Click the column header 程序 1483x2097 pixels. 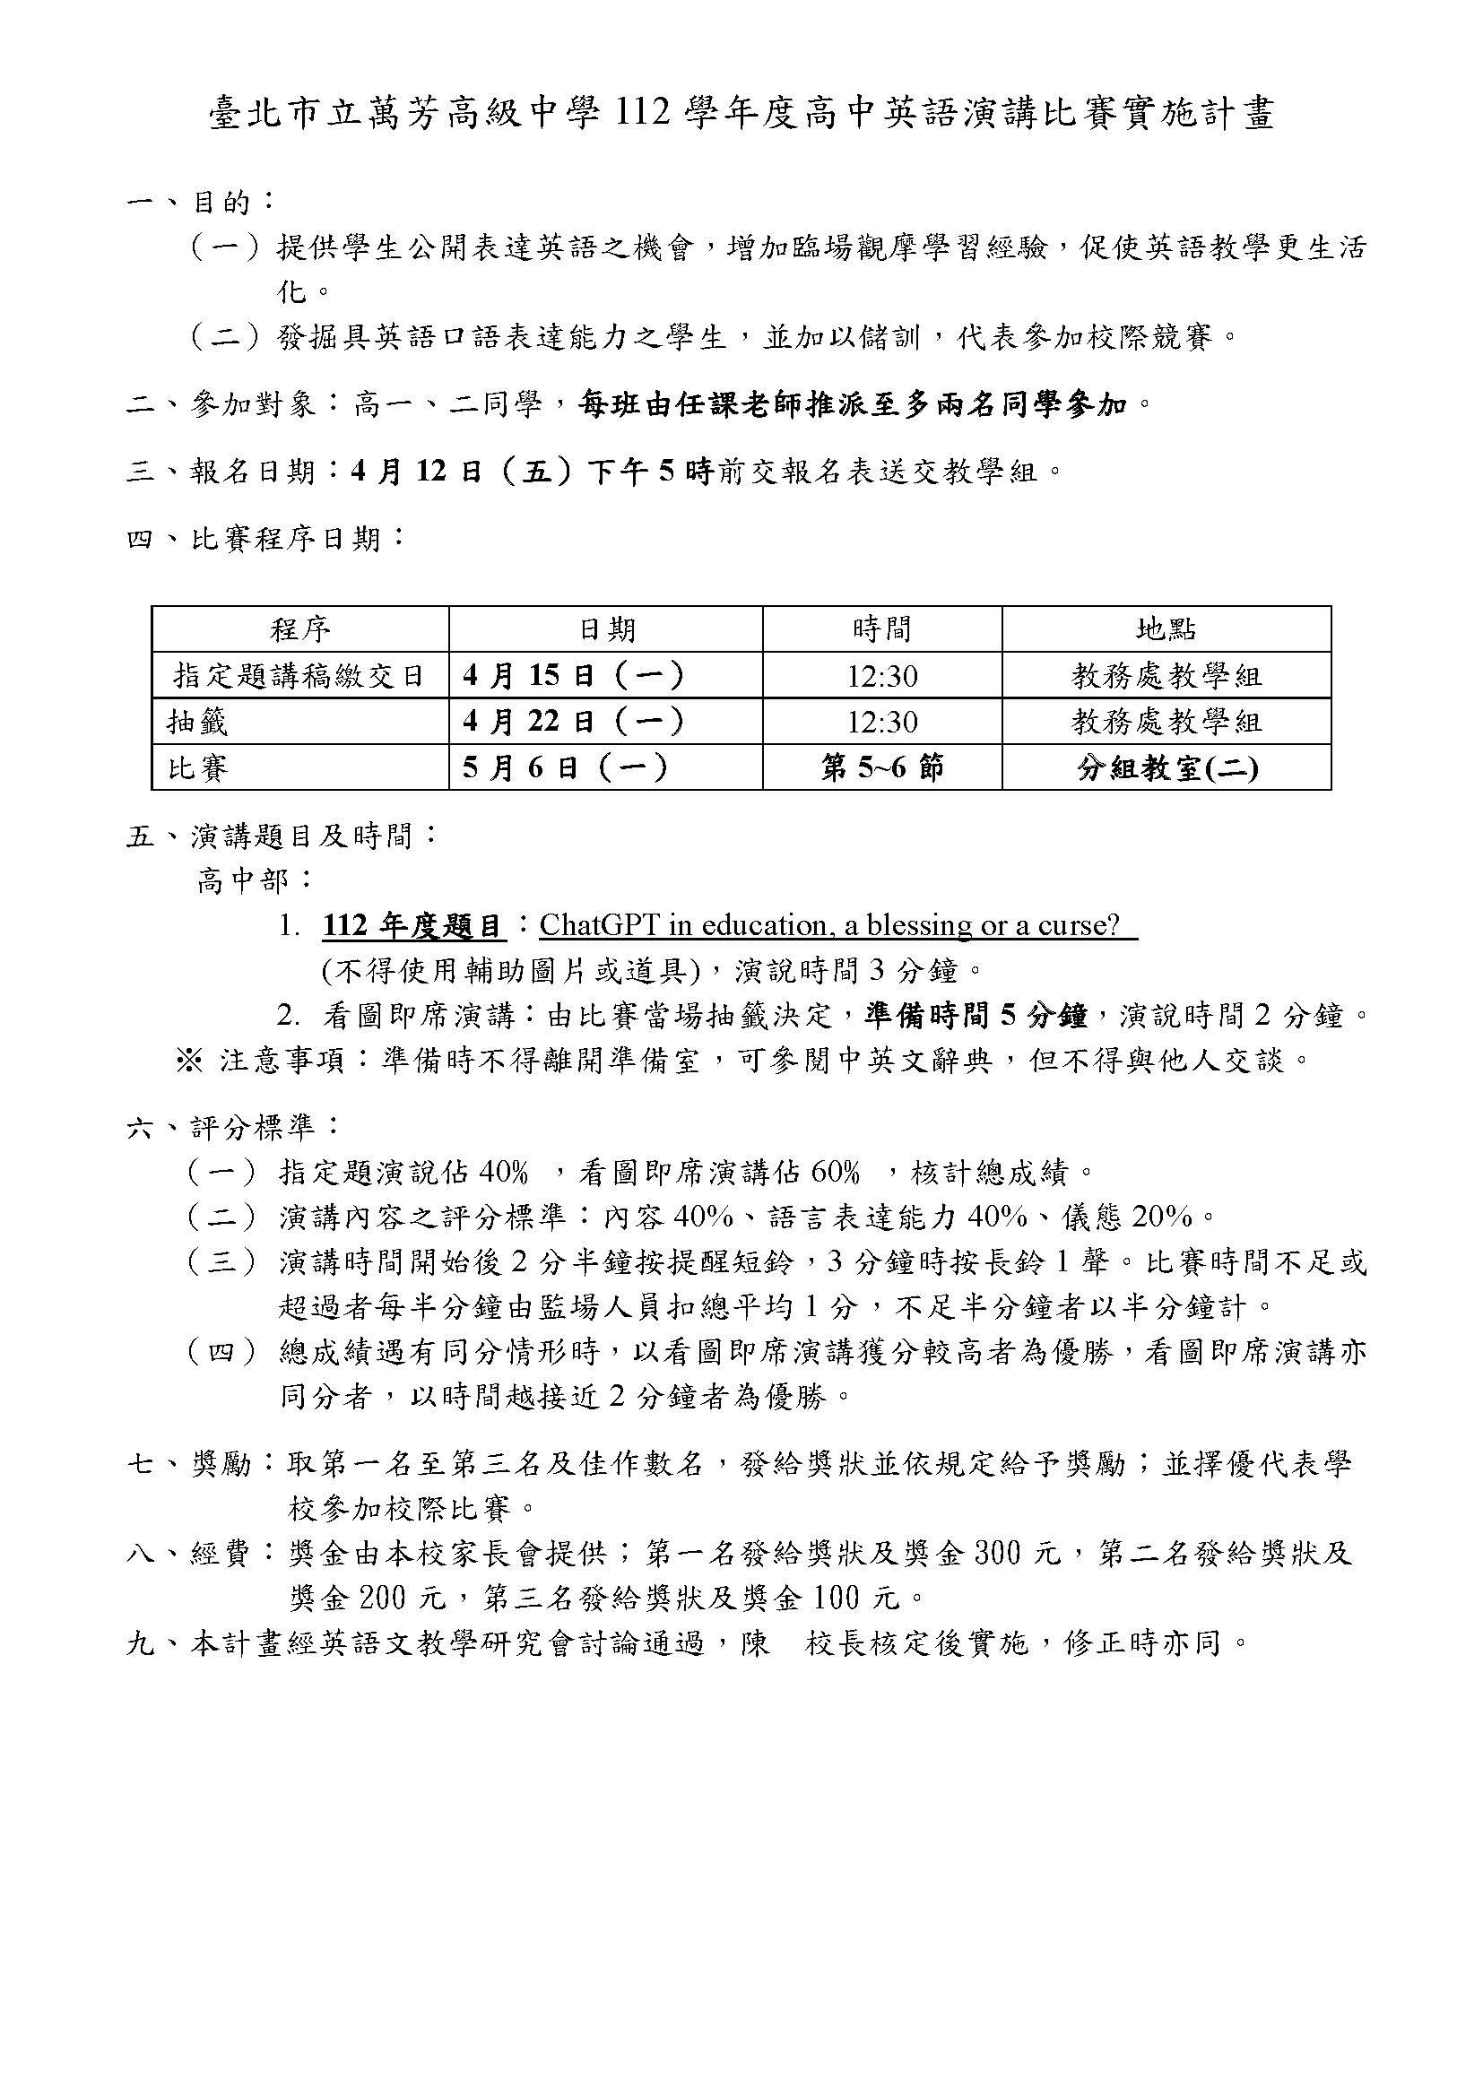pyautogui.click(x=299, y=629)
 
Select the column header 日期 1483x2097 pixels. pyautogui.click(x=606, y=629)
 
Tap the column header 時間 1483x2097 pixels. pyautogui.click(x=882, y=629)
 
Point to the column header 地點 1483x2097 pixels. pyautogui.click(x=1166, y=629)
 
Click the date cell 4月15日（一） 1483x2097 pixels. pyautogui.click(x=573, y=676)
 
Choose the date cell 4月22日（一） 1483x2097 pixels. pyautogui.click(x=573, y=722)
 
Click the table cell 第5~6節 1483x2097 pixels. pyautogui.click(x=882, y=767)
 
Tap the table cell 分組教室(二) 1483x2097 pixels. pyautogui.click(x=1167, y=768)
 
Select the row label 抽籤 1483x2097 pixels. pyautogui.click(x=197, y=723)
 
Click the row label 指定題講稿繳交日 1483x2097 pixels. pyautogui.click(x=299, y=676)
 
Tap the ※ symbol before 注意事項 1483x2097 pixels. pyautogui.click(x=188, y=1061)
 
